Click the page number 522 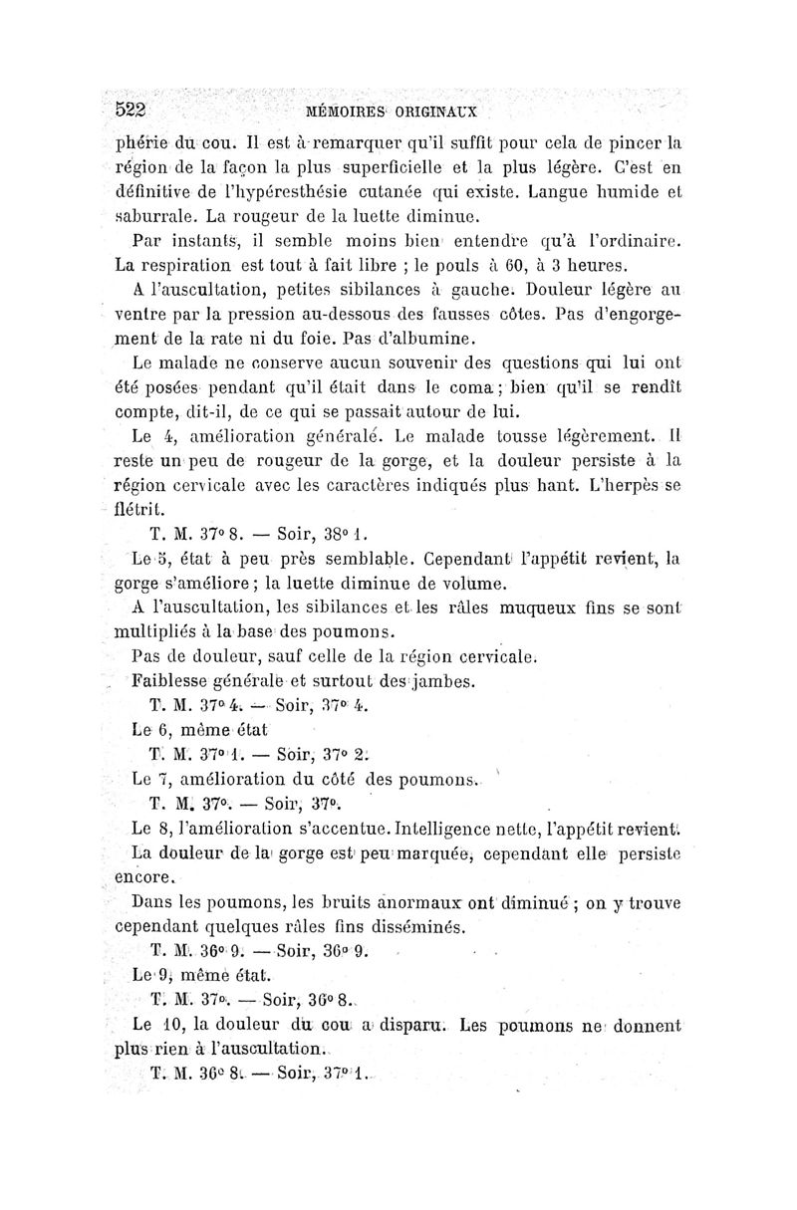133,109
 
